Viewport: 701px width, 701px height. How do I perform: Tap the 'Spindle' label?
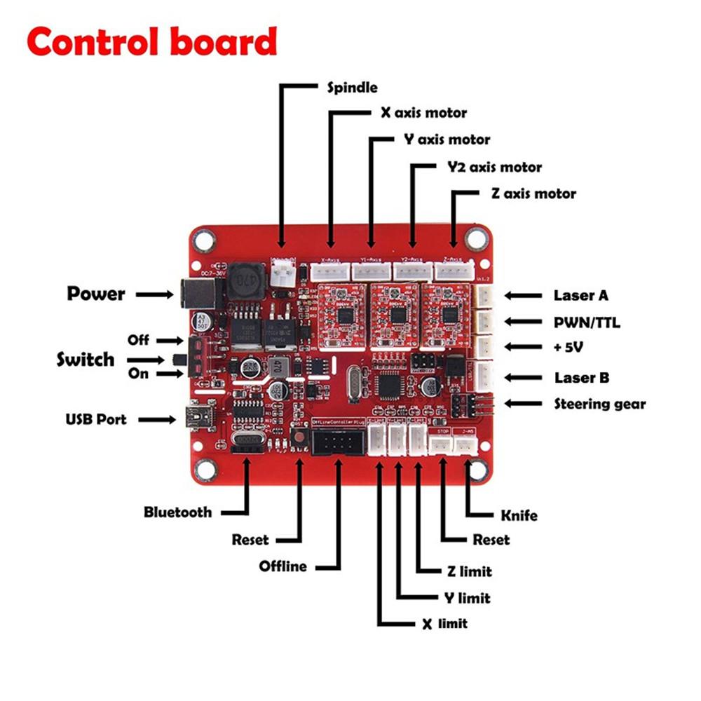click(352, 88)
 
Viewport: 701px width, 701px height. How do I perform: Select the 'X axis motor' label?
click(423, 112)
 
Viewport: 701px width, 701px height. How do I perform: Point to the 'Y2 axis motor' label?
click(494, 168)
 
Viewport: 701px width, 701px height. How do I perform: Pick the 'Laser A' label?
click(580, 295)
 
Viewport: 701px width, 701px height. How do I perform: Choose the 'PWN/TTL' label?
click(587, 322)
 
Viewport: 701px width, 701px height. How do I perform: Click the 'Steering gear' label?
click(600, 404)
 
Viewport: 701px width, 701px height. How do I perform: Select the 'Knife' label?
click(519, 516)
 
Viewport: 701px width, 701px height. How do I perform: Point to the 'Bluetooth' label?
click(177, 512)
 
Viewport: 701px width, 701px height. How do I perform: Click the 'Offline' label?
click(283, 566)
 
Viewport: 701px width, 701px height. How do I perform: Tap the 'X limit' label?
click(436, 623)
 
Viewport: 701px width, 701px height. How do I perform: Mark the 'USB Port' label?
click(96, 419)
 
